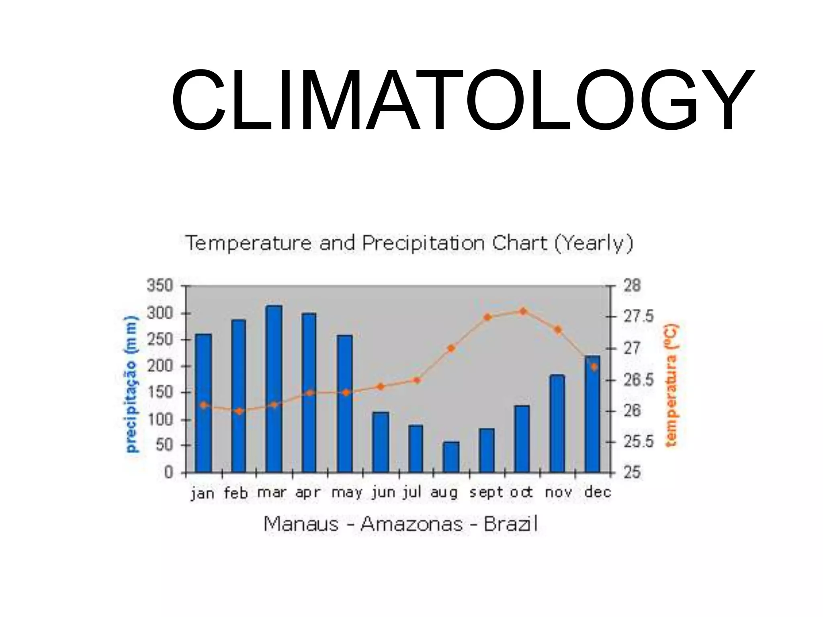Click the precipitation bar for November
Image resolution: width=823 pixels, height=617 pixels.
click(557, 423)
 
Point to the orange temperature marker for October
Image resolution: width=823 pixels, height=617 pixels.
click(523, 311)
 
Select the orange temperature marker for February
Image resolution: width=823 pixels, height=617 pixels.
click(239, 411)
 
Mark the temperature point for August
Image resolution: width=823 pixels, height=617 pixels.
click(451, 348)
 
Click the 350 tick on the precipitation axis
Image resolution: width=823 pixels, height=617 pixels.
click(160, 286)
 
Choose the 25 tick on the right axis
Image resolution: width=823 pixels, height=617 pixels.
click(632, 473)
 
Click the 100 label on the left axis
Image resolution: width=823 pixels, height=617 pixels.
click(160, 420)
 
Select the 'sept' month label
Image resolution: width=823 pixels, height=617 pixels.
click(486, 492)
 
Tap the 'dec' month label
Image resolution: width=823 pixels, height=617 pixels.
click(598, 492)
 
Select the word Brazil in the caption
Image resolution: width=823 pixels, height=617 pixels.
click(510, 524)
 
